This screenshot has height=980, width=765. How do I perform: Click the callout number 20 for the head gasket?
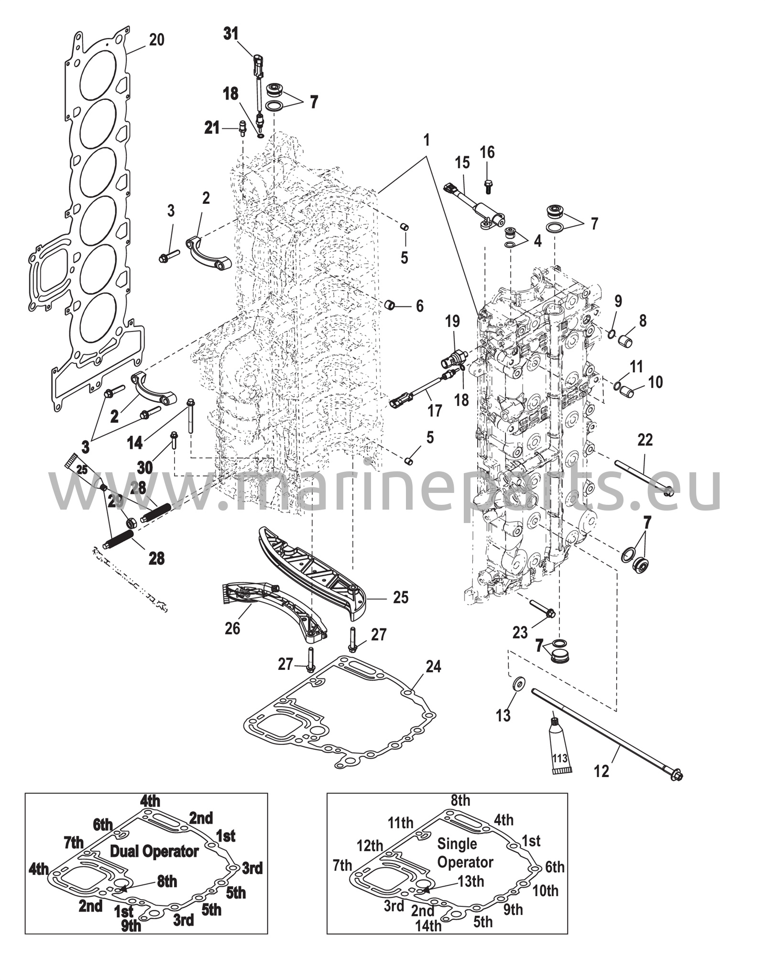tap(156, 40)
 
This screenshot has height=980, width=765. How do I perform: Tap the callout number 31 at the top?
tap(231, 34)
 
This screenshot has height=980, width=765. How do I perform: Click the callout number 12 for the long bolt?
tap(601, 771)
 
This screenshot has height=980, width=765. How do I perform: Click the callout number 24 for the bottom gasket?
tap(433, 666)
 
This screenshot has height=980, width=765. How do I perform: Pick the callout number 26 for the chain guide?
tap(232, 628)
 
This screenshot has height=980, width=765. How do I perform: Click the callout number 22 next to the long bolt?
tap(645, 440)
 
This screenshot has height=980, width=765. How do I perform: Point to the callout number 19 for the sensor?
tap(452, 321)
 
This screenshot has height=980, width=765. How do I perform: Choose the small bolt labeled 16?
tap(488, 186)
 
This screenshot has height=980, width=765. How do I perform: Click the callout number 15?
tap(462, 163)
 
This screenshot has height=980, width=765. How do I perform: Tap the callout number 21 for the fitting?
tap(212, 128)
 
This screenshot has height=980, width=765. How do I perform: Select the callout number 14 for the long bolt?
tap(135, 443)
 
